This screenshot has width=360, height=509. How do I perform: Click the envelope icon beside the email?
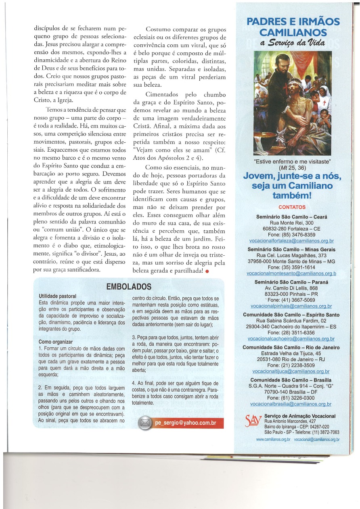[145, 423]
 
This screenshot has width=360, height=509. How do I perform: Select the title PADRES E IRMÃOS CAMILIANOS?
[293, 27]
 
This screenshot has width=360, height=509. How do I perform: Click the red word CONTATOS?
[292, 207]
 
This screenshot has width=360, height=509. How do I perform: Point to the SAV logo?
[253, 422]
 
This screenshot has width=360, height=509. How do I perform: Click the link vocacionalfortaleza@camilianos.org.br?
[292, 240]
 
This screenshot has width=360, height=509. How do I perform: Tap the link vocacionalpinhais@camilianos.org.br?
[291, 306]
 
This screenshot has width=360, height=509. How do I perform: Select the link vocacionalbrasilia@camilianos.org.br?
[291, 404]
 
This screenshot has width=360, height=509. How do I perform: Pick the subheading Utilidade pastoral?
[57, 296]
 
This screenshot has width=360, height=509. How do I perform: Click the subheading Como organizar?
[56, 342]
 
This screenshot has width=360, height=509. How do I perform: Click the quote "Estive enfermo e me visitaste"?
[292, 162]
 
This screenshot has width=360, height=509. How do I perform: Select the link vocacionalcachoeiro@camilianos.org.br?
[291, 339]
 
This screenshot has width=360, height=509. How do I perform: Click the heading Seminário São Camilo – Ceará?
[291, 217]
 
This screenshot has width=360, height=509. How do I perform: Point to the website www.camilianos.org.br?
[273, 439]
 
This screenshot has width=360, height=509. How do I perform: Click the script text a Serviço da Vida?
[293, 44]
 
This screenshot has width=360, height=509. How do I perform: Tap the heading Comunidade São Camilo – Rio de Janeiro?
[291, 348]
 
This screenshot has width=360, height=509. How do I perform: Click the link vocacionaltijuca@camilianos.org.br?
[291, 371]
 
